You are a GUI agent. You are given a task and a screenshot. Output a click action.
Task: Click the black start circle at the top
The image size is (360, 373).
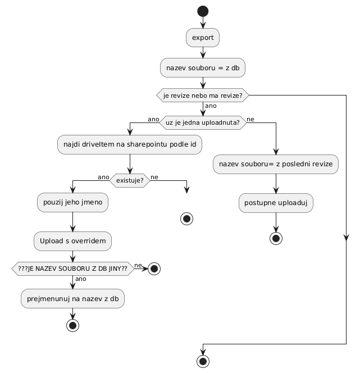point(203,11)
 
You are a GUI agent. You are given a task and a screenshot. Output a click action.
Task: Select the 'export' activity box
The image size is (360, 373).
point(203,38)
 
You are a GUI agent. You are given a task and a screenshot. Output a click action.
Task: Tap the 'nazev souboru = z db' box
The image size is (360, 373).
point(203,67)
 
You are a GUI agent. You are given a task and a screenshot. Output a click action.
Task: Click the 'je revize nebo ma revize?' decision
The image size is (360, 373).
point(203,96)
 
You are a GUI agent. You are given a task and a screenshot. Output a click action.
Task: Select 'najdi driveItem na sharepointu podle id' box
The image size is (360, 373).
point(130,145)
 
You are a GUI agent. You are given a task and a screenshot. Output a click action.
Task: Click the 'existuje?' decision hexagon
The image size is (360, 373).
point(130,180)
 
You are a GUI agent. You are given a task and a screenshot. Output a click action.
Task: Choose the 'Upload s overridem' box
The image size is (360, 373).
point(73,241)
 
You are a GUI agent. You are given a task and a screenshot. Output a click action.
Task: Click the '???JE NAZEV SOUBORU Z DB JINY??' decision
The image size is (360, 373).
point(73,269)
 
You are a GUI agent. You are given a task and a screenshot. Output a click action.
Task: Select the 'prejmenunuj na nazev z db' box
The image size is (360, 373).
point(73,298)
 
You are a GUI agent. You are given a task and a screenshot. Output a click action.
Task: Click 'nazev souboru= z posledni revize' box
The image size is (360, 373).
point(276,164)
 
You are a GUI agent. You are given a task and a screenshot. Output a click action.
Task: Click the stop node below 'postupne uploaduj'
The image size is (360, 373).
point(276,237)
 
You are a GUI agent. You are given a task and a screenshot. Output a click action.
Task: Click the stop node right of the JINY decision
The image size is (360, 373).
point(153,269)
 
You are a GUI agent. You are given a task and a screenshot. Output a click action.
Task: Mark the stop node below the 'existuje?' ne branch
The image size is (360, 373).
point(186,219)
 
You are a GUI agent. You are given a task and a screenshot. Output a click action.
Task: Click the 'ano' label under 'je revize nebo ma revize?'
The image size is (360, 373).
point(211,106)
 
